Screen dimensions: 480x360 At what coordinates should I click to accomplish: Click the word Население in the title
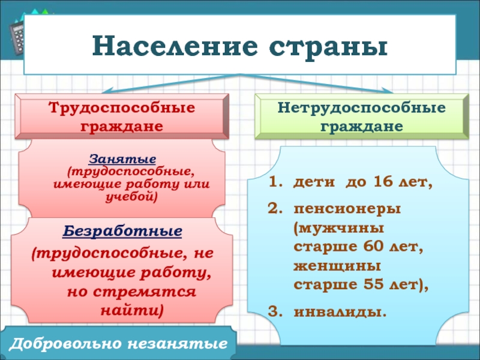[x=175, y=46]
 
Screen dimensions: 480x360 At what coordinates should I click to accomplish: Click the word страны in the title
[x=328, y=47]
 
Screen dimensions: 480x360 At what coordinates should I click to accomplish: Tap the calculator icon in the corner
[x=16, y=37]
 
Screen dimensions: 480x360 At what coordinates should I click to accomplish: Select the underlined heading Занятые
[x=122, y=159]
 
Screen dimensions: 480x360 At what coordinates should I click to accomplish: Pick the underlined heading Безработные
[x=122, y=231]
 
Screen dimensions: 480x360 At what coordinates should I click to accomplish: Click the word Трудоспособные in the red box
[x=122, y=108]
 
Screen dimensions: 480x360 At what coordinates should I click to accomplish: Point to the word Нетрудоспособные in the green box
[x=362, y=108]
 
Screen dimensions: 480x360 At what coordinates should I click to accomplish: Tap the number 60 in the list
[x=374, y=246]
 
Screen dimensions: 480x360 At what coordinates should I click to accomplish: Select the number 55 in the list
[x=373, y=284]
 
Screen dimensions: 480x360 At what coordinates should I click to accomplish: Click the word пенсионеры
[x=347, y=209]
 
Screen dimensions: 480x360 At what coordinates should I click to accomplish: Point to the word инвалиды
[x=340, y=312]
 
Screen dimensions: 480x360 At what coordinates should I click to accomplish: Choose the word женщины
[x=337, y=266]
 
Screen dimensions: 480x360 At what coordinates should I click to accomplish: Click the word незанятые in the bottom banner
[x=178, y=344]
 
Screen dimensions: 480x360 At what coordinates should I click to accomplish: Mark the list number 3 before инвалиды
[x=273, y=312]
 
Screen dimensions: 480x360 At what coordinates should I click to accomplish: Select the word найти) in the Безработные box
[x=132, y=311]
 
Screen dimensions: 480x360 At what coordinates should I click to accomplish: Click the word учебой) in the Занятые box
[x=131, y=197]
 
